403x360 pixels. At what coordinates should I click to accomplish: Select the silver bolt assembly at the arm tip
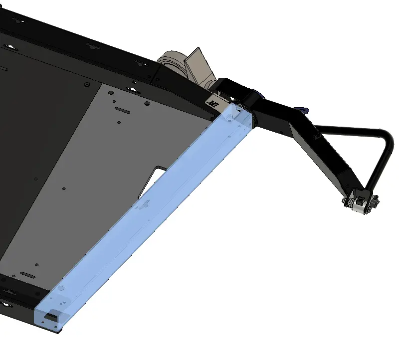358,203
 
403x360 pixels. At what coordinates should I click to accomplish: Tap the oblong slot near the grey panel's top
122,108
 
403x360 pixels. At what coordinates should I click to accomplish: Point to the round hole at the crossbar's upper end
229,116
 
